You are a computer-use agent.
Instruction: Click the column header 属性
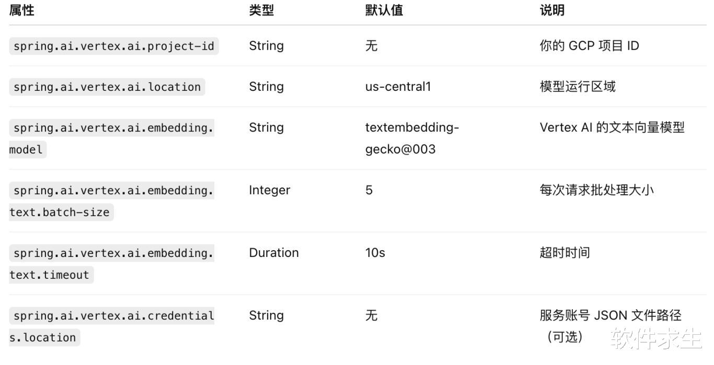22,10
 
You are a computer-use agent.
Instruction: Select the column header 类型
261,10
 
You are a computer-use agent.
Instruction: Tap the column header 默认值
384,10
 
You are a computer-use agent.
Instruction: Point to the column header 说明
552,10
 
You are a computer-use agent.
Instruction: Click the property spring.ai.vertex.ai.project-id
113,46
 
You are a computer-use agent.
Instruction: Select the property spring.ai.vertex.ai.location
107,87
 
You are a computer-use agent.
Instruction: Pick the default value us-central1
398,87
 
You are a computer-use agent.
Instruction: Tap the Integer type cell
269,190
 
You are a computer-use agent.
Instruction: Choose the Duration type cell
273,253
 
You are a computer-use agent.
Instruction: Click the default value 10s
375,253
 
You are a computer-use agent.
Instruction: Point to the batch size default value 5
369,190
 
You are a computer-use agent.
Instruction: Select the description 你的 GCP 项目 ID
589,46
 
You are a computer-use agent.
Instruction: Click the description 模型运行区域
578,87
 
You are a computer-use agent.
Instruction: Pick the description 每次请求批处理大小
596,190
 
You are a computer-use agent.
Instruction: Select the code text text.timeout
50,275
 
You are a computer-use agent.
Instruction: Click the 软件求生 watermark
656,338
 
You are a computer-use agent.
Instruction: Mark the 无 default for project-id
371,46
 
